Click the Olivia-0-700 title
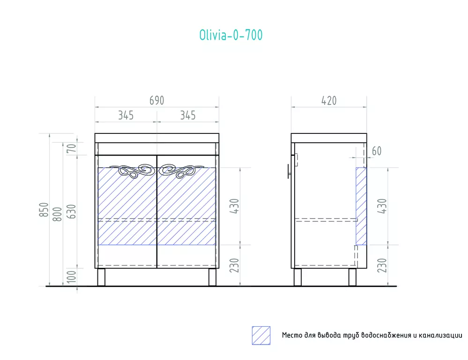point(231,35)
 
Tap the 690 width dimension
point(156,101)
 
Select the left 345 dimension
point(126,115)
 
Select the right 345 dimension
point(188,115)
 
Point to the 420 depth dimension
point(329,101)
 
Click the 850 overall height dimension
point(44,209)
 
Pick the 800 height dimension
point(57,214)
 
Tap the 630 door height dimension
point(71,211)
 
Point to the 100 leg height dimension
point(72,277)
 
